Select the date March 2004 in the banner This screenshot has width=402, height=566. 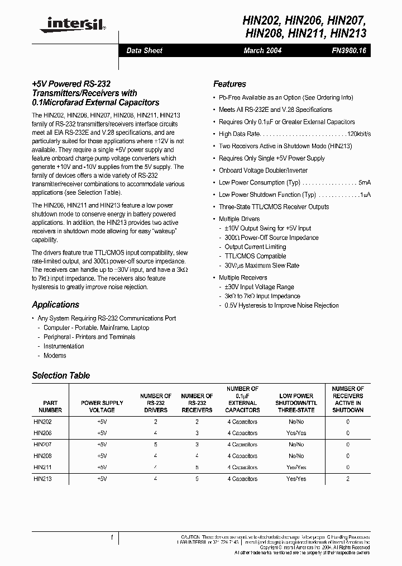(x=262, y=50)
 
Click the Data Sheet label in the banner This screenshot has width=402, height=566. (x=144, y=50)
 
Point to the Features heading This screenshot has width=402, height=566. (x=229, y=84)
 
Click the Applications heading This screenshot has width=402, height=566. (x=55, y=305)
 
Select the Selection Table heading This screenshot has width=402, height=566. (x=61, y=375)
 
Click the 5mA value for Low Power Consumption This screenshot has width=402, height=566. (x=365, y=183)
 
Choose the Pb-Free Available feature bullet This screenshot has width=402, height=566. (x=285, y=97)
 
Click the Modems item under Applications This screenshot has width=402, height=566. (x=55, y=356)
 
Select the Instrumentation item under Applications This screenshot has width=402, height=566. (x=64, y=346)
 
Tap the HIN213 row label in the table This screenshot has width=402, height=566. (x=42, y=479)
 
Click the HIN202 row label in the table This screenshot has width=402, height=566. (x=42, y=422)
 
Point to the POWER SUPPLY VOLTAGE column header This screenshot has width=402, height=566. (x=102, y=406)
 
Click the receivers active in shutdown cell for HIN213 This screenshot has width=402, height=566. (x=348, y=479)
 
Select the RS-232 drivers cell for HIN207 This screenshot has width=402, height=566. (x=156, y=445)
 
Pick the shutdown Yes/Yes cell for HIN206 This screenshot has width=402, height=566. (x=295, y=433)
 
